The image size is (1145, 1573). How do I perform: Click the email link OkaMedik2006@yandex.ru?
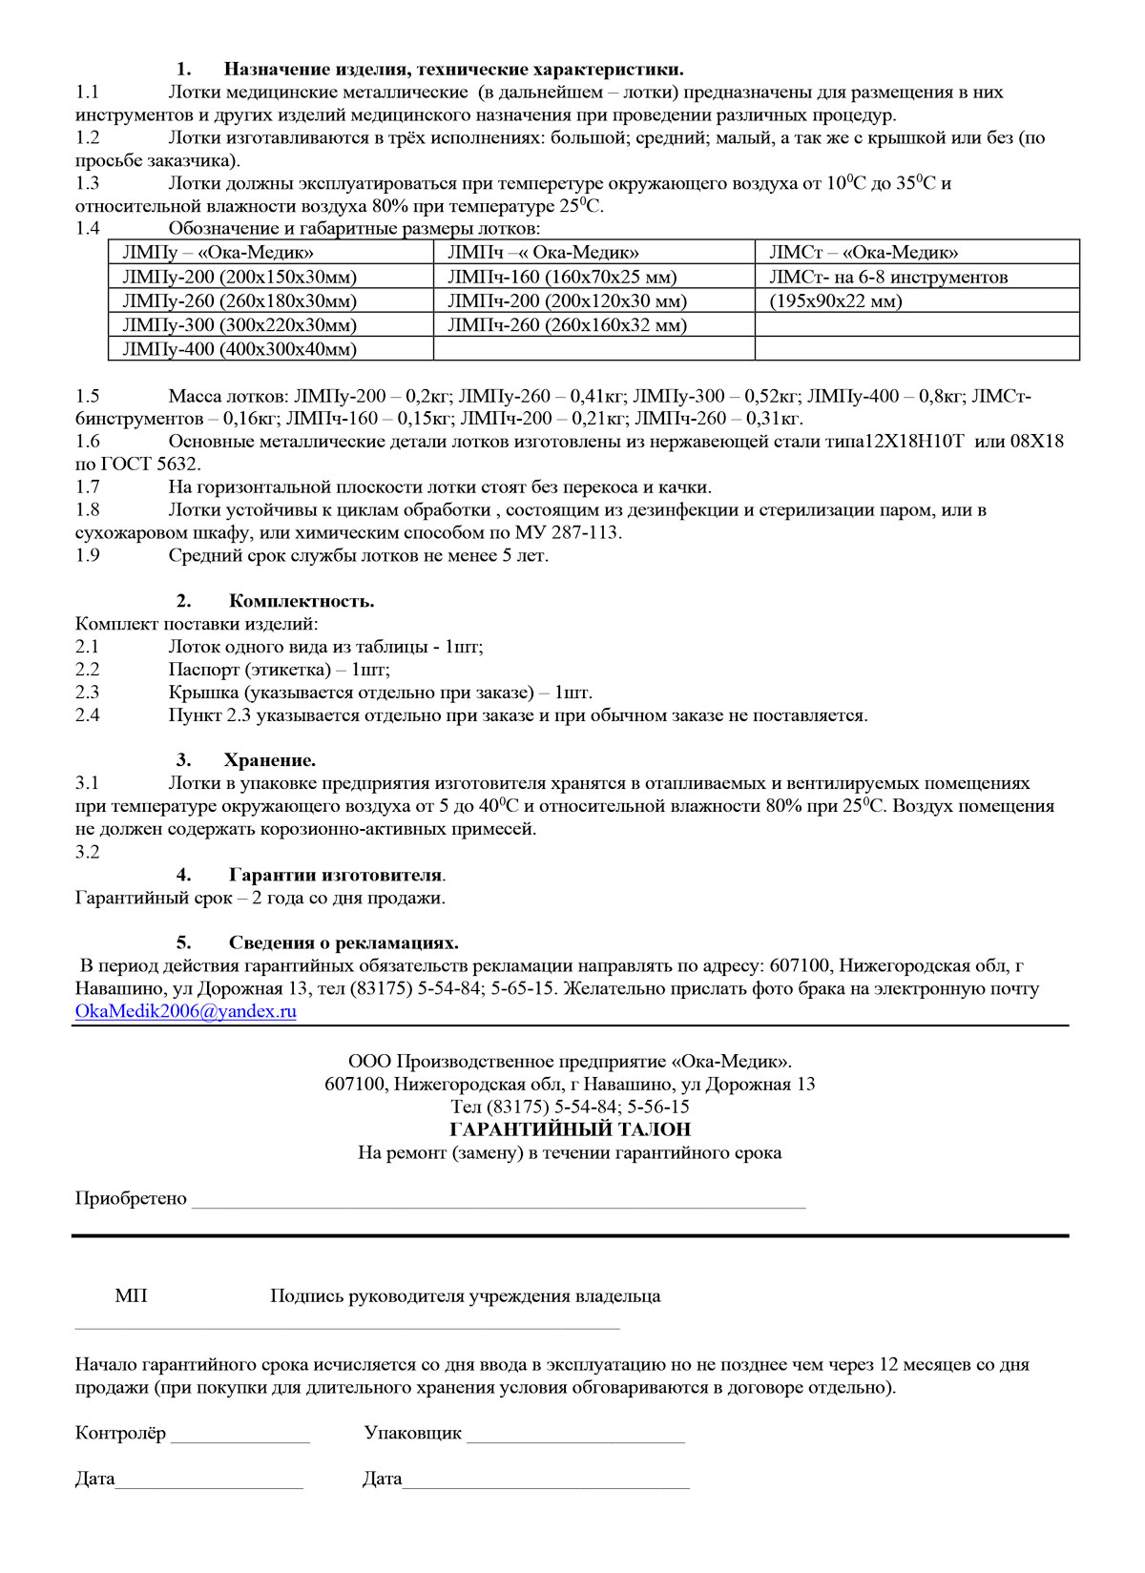[x=185, y=1012]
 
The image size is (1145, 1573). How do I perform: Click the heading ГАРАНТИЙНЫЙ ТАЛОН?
[x=570, y=1129]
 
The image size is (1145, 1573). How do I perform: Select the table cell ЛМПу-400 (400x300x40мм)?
[x=239, y=349]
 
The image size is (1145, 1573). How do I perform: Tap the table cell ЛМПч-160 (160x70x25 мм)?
[x=561, y=278]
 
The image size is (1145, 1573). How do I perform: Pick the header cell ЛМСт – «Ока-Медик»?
[x=864, y=253]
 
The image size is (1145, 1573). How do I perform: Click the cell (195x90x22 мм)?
[x=835, y=301]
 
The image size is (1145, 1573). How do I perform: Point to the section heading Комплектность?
[x=302, y=601]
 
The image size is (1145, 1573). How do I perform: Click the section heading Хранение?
[x=269, y=760]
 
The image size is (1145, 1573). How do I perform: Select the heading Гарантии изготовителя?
[x=335, y=875]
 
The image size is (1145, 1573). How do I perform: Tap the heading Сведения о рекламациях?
[x=343, y=943]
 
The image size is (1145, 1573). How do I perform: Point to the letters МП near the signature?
[x=131, y=1296]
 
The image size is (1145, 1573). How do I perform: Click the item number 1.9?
[x=88, y=556]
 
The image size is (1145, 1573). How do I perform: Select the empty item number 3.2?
[x=88, y=852]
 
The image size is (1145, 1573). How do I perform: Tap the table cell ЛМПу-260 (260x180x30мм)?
[x=239, y=301]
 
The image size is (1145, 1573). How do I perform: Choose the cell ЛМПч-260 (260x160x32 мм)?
[x=567, y=325]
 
